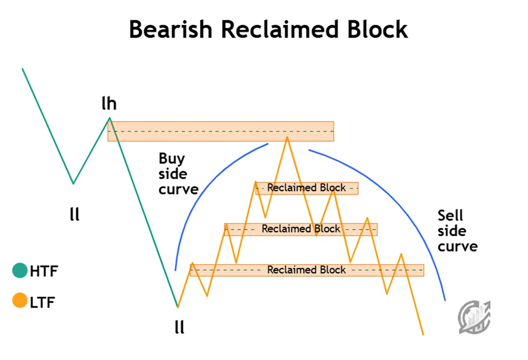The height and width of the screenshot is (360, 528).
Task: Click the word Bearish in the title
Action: (170, 29)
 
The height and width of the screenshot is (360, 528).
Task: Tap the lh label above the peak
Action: (109, 103)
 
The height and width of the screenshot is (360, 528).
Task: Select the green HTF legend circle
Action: (20, 271)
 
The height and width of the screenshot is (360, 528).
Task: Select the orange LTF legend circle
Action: (20, 300)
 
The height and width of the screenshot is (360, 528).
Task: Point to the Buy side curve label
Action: (178, 174)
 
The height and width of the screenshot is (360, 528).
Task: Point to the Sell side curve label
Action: (457, 231)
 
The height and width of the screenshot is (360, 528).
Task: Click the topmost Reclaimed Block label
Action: (307, 188)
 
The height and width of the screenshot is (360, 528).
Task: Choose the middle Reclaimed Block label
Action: (301, 229)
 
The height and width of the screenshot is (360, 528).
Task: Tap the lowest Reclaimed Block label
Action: (307, 270)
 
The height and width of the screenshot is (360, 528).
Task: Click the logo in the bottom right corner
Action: (474, 316)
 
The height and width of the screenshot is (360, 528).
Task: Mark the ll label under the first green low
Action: (75, 214)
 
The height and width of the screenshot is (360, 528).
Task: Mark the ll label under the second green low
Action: (179, 327)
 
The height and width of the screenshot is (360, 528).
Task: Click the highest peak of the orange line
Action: (287, 138)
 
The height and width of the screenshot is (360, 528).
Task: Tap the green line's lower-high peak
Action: (109, 118)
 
